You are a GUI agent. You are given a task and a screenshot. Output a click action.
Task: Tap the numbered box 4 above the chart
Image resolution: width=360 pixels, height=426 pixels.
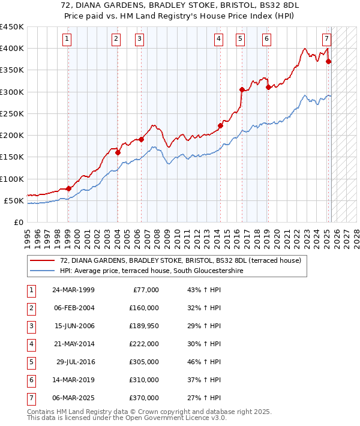click(x=219, y=40)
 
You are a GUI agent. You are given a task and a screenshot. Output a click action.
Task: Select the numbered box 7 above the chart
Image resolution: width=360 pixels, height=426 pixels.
click(x=326, y=40)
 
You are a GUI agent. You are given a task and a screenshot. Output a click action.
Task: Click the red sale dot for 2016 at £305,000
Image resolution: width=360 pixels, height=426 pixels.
click(x=242, y=90)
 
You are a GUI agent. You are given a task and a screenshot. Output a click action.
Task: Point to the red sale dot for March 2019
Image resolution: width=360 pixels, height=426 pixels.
click(x=268, y=88)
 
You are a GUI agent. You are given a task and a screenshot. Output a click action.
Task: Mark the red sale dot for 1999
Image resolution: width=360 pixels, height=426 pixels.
click(x=68, y=188)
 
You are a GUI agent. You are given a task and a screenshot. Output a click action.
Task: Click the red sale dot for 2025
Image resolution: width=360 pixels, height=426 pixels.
click(x=328, y=61)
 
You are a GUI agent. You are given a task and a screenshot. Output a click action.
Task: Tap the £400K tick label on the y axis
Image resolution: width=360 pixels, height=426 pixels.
click(x=12, y=49)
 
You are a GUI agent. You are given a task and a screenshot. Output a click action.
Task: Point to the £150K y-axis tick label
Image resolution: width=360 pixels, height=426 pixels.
click(x=12, y=157)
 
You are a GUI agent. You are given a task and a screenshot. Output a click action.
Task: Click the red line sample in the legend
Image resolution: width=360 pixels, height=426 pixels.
click(x=41, y=260)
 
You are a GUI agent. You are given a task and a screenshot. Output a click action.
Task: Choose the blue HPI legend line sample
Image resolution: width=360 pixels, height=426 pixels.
click(x=41, y=271)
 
